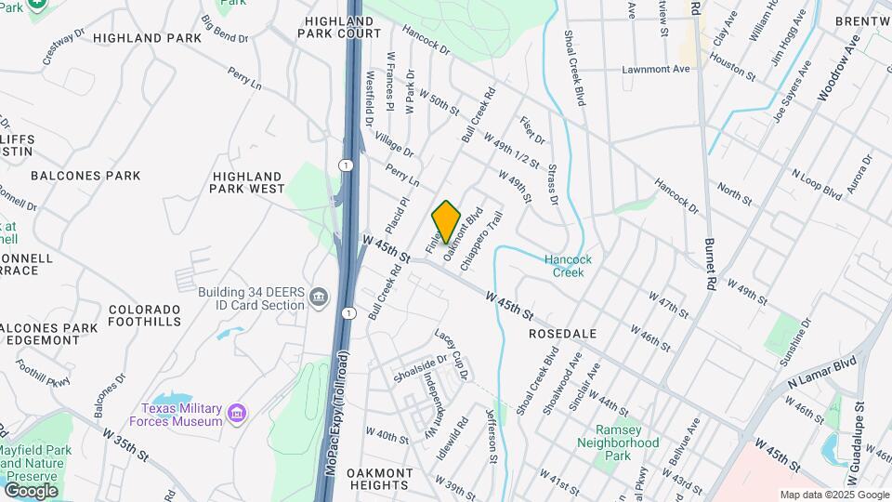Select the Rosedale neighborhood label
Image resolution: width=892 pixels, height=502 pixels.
coord(562,333)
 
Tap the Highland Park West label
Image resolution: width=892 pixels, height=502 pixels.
coord(248,182)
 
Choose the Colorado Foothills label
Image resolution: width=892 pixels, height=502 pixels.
coord(144,315)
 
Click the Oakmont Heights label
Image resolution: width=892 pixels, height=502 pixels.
coord(378,479)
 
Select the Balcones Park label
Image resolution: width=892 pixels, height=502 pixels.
coord(85,175)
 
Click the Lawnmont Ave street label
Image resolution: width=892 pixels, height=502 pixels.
coord(656,69)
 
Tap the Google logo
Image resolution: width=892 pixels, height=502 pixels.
coord(31,490)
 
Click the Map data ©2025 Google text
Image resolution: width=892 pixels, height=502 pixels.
coord(834,495)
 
